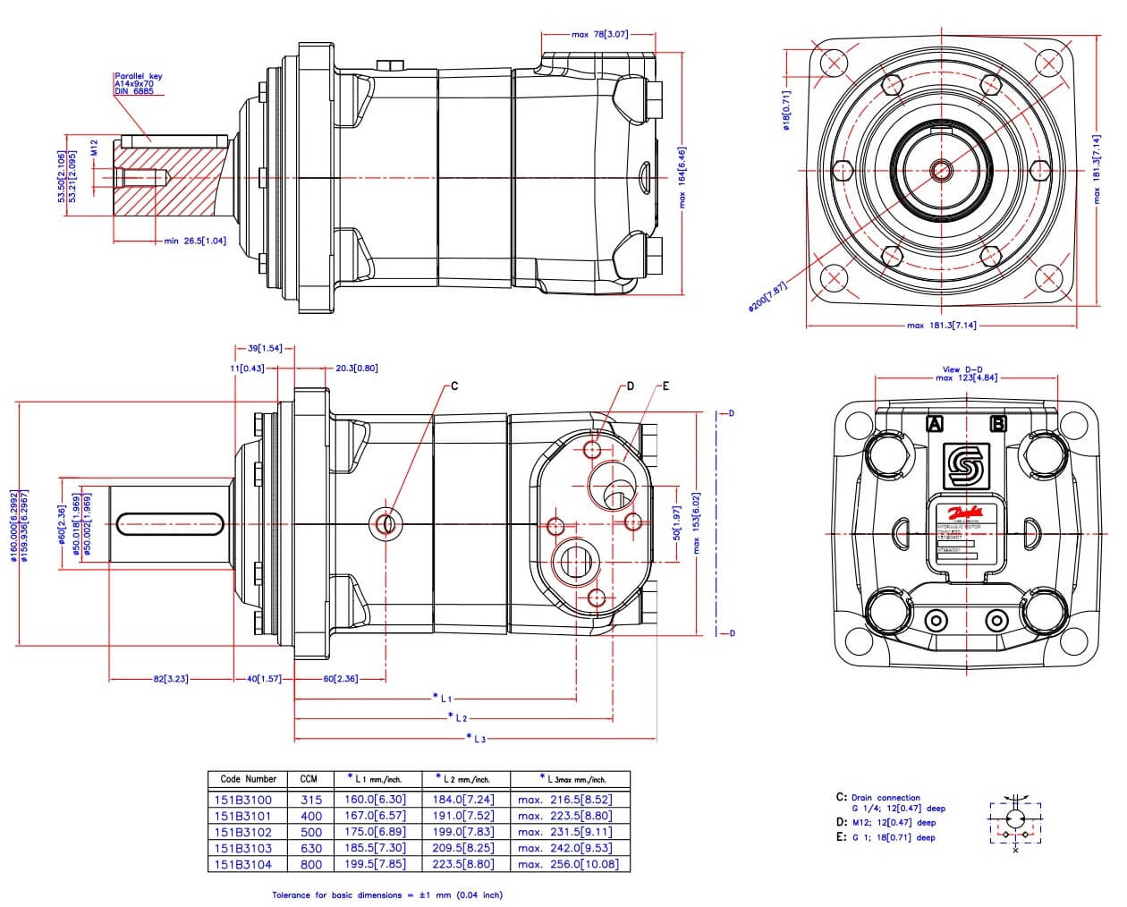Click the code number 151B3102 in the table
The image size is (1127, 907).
tap(243, 832)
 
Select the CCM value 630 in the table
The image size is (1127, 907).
tap(309, 848)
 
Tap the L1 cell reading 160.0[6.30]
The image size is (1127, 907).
tap(375, 800)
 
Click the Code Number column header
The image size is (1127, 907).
tap(249, 779)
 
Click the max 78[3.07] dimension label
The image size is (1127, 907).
tap(599, 35)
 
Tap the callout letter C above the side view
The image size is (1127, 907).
tap(454, 386)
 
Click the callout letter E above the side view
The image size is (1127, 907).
tap(665, 386)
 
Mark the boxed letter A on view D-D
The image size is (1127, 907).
tap(935, 424)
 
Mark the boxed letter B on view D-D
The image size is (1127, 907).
tap(998, 424)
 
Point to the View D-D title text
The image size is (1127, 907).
tap(962, 369)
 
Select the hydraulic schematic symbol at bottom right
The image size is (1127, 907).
tap(1016, 821)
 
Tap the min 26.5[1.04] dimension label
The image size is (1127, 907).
tap(195, 241)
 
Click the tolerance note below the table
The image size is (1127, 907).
tap(387, 894)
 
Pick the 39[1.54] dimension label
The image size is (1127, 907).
tap(265, 348)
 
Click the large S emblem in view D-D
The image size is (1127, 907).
tap(967, 465)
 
